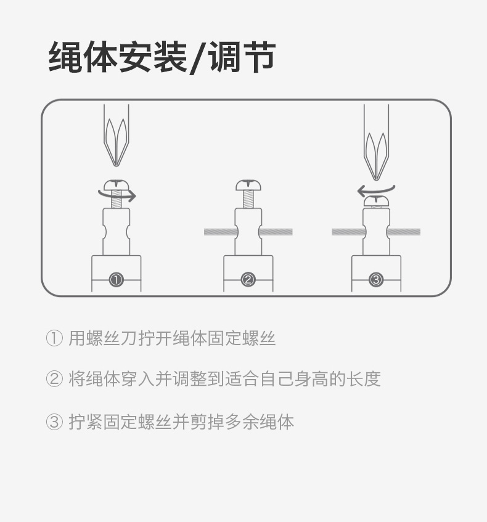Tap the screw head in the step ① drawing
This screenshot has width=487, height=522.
[x=116, y=184]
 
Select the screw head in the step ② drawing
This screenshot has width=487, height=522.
[x=248, y=185]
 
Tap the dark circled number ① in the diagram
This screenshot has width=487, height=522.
[x=116, y=280]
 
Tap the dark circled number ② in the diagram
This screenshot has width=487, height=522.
[x=248, y=280]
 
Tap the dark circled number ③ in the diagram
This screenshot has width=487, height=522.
[x=376, y=280]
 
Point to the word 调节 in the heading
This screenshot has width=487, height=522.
[x=241, y=58]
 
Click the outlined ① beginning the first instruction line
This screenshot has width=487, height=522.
[x=54, y=338]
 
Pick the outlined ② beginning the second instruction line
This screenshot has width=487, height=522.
[x=54, y=379]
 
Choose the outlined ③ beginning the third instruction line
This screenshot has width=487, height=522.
[x=54, y=422]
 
